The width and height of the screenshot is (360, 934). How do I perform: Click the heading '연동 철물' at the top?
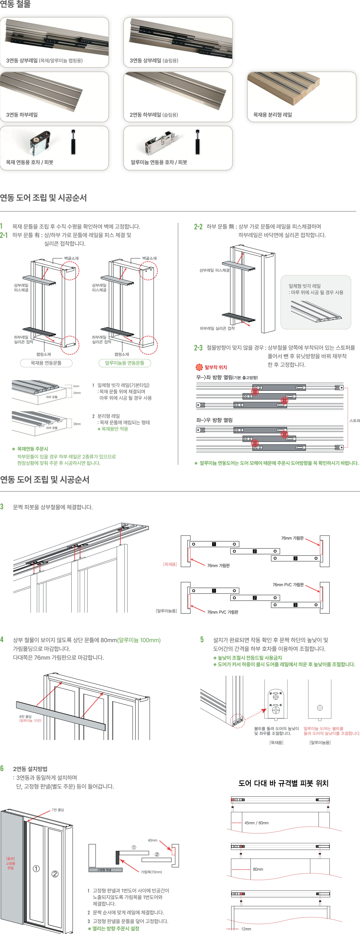coord(16,4)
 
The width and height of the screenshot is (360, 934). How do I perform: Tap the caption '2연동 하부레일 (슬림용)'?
coord(154,115)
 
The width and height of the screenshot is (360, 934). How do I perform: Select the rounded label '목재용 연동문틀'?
coord(46,363)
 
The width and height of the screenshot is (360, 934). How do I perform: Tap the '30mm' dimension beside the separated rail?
coord(77,424)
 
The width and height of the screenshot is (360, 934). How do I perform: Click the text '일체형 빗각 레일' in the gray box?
coord(305,286)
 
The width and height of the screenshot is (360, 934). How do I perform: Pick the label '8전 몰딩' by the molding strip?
coord(25,716)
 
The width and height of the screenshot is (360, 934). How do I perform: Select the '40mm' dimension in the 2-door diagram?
coord(152,840)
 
